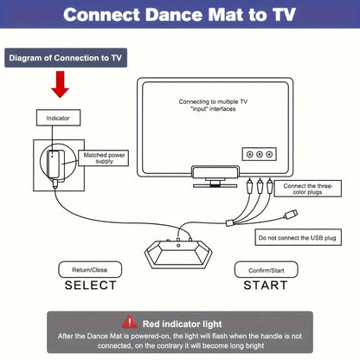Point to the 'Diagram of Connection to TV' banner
pyautogui.click(x=65, y=58)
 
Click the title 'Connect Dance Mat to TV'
pyautogui.click(x=179, y=16)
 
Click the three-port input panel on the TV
pyautogui.click(x=259, y=154)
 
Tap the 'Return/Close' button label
pyautogui.click(x=90, y=269)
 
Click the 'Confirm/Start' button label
pyautogui.click(x=265, y=269)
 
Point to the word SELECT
pyautogui.click(x=90, y=286)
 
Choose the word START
pyautogui.click(x=265, y=286)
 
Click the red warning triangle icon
pyautogui.click(x=131, y=320)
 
